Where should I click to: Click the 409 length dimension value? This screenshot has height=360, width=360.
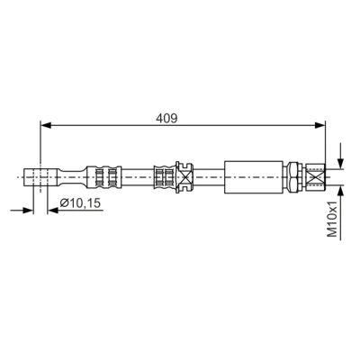coord(166,118)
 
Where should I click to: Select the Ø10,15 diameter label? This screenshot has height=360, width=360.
coord(80,203)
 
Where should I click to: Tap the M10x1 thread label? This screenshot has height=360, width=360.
coord(332,220)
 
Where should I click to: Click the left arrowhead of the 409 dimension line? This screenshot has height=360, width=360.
coord(46,125)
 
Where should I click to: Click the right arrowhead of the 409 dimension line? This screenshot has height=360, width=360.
coord(319,125)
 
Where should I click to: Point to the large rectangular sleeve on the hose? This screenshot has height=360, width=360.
coord(254,177)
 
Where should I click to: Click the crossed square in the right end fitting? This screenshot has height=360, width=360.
coord(315,177)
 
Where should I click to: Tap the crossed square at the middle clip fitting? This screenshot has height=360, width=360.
coord(184,177)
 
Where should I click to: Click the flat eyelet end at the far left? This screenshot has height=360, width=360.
coord(40,177)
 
